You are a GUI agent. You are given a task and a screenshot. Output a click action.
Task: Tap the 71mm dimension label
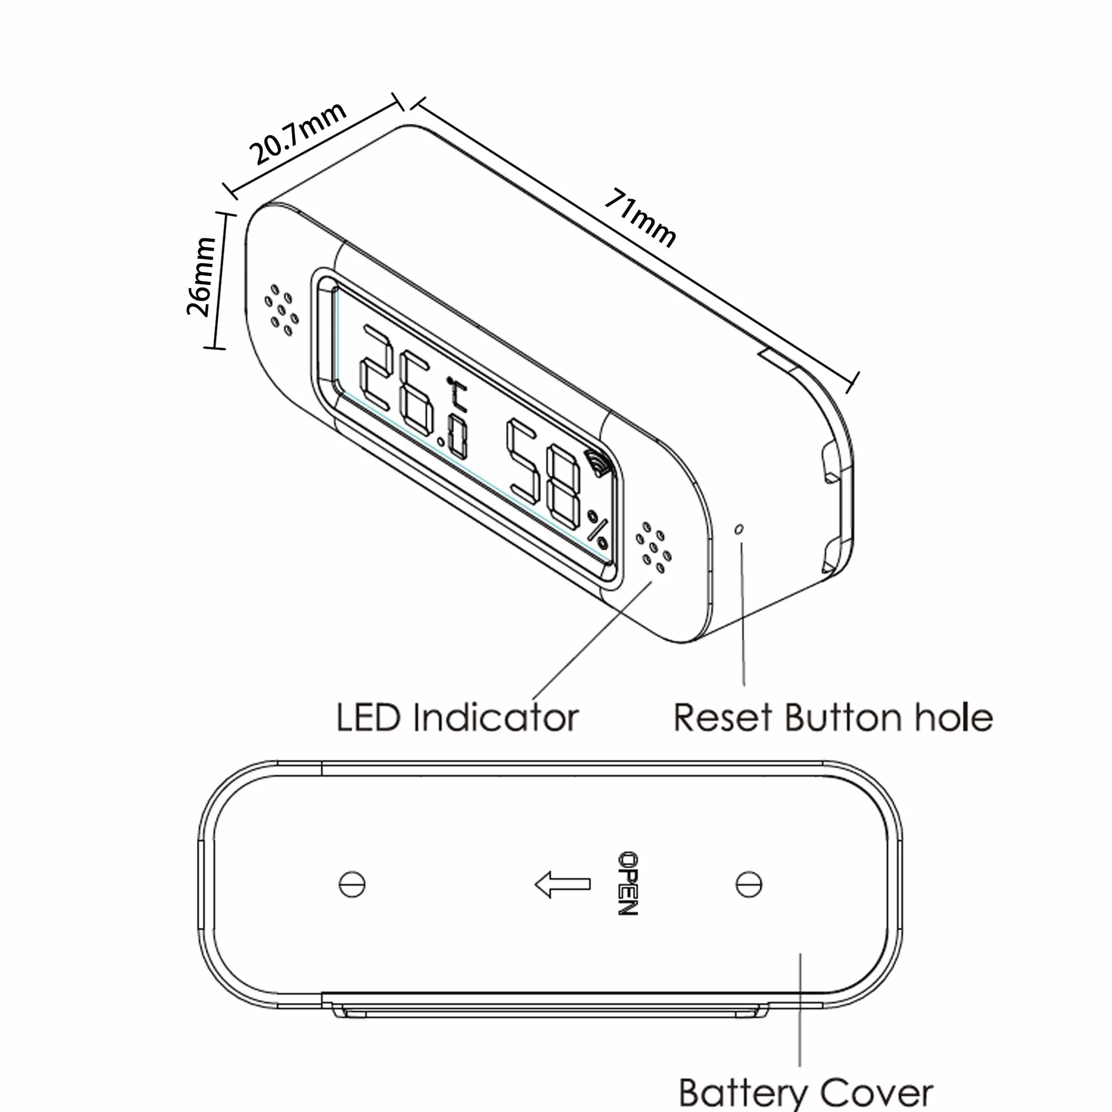(x=641, y=217)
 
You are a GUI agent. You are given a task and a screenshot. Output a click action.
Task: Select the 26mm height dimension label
(x=201, y=276)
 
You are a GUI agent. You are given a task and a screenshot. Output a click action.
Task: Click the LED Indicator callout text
(x=457, y=718)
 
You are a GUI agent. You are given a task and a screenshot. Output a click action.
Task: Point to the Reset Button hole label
(x=833, y=718)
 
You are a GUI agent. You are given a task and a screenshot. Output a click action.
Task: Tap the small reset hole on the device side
(x=740, y=528)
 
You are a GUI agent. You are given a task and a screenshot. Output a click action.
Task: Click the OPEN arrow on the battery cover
(x=562, y=884)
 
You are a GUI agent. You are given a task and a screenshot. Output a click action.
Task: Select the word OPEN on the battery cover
(x=628, y=883)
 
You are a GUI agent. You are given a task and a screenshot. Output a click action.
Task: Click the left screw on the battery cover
(x=352, y=884)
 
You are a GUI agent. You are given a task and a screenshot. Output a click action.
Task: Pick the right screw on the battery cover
(x=749, y=884)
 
